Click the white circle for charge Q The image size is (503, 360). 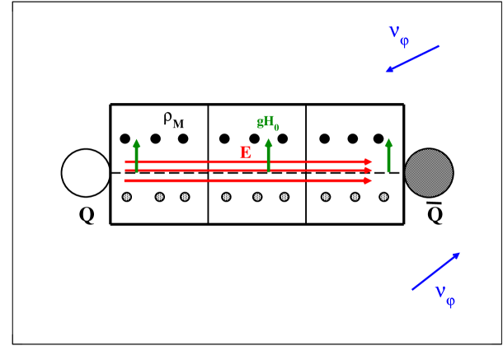[x=85, y=173]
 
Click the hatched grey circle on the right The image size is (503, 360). [x=428, y=173]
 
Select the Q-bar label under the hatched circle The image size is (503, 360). [x=435, y=214]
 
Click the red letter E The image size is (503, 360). [x=245, y=152]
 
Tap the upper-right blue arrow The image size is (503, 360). [x=412, y=58]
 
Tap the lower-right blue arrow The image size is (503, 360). [x=436, y=271]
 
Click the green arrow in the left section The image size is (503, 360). [x=137, y=156]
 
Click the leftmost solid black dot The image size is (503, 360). [x=125, y=138]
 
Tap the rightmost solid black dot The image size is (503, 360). [x=378, y=138]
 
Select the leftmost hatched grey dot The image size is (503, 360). [x=126, y=196]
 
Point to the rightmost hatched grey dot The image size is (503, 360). [x=383, y=196]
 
